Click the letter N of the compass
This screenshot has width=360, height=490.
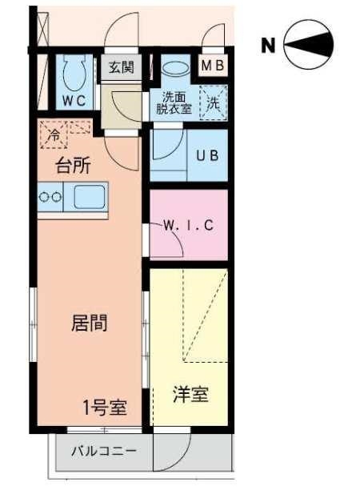pos(269,46)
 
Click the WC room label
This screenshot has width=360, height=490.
pos(75,100)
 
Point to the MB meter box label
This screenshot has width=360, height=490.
pos(213,66)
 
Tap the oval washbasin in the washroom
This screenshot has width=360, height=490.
pos(174,70)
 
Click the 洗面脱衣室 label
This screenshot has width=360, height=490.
pos(173,103)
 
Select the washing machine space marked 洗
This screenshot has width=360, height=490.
pos(213,103)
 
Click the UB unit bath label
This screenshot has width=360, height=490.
pos(208,155)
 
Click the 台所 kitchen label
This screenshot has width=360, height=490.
pos(73,167)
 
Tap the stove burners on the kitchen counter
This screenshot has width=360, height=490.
pos(50,195)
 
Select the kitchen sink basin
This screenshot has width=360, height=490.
pos(90,195)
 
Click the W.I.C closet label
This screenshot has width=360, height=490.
pos(190,225)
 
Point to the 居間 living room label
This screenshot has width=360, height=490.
pos(90,323)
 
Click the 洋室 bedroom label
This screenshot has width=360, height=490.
pos(191,395)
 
